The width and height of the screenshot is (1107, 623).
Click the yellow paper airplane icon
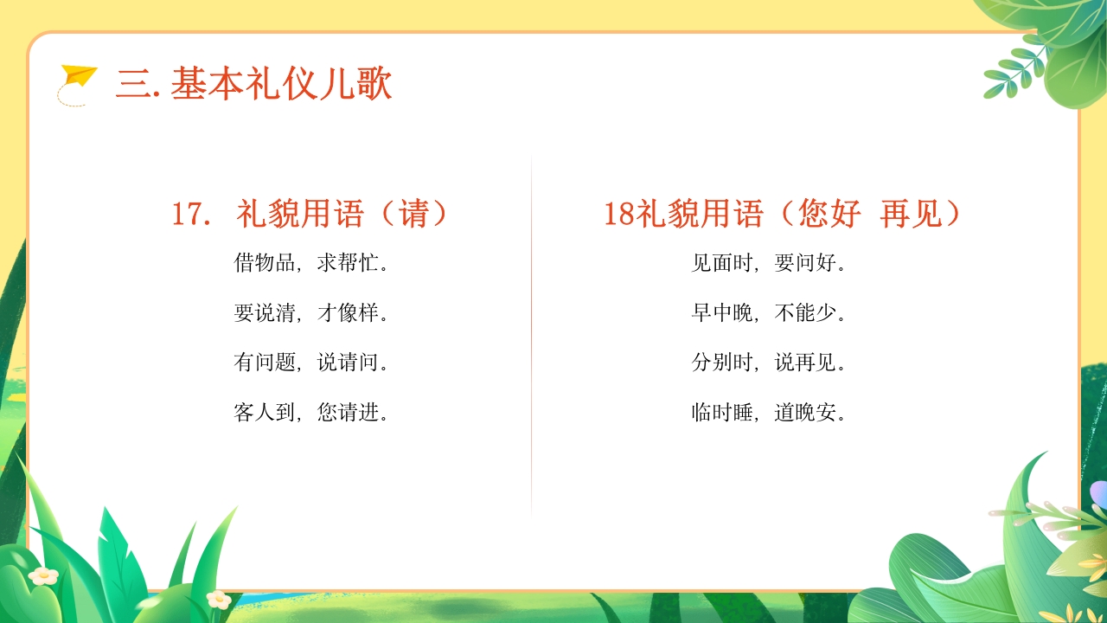(79, 77)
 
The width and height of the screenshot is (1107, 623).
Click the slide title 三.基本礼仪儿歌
(254, 85)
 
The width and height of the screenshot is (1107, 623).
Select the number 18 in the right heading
(619, 214)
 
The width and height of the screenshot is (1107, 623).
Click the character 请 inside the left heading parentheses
(415, 214)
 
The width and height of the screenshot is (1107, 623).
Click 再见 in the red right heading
(911, 214)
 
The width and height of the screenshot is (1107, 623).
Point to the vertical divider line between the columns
(531, 337)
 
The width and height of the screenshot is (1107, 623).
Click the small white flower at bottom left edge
(43, 575)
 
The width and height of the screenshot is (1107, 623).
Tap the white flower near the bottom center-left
(219, 599)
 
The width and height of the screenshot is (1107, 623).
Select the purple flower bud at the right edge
(1098, 493)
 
